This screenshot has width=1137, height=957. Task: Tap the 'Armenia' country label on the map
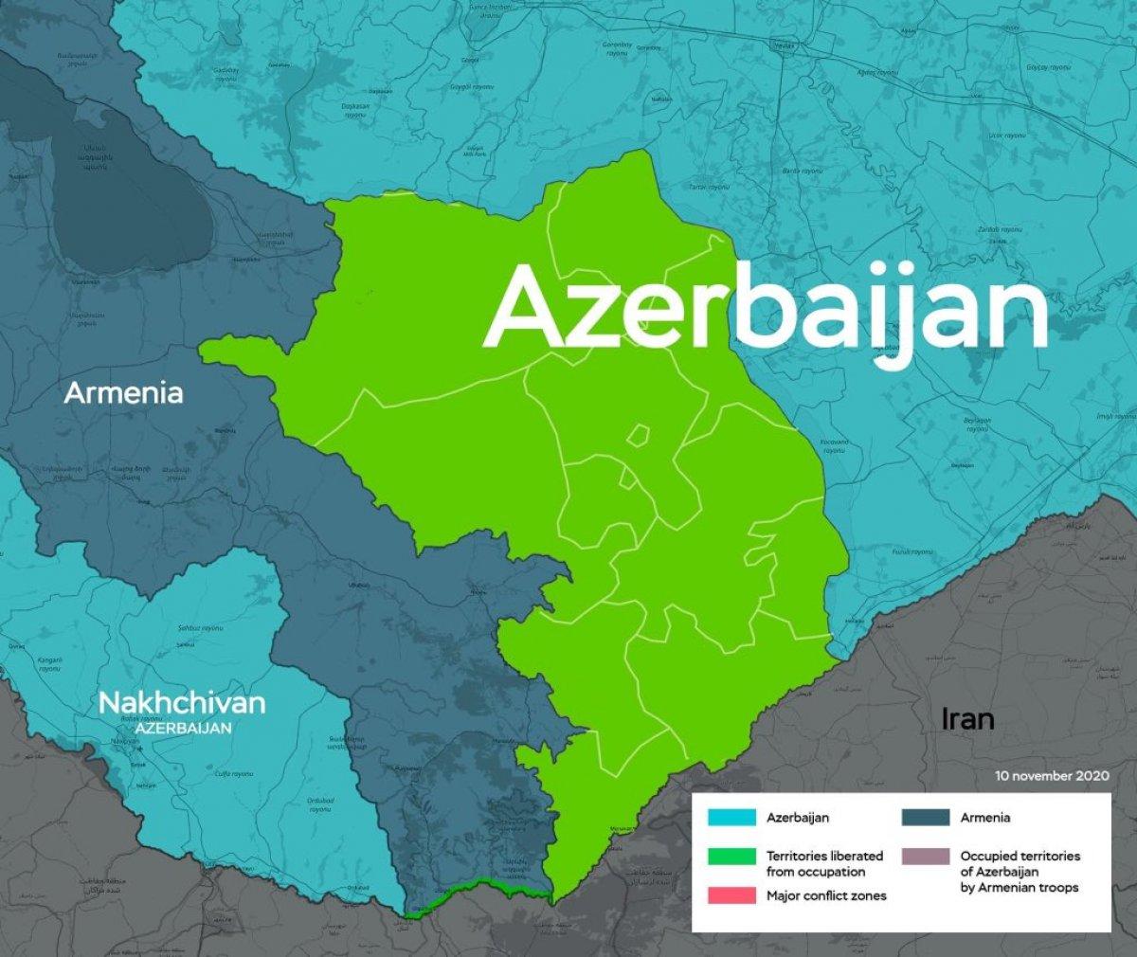123,392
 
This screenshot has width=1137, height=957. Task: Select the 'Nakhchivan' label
182,703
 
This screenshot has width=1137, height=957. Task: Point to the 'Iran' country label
967,719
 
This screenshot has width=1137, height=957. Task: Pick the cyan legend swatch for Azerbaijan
731,817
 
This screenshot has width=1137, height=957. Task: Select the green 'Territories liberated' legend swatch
731,857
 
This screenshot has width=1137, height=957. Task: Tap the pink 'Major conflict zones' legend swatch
731,895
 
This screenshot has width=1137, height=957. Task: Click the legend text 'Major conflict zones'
826,895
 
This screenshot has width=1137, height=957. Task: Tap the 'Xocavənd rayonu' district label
834,445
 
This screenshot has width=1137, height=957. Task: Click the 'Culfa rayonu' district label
237,773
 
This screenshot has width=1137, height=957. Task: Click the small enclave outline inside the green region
638,436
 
